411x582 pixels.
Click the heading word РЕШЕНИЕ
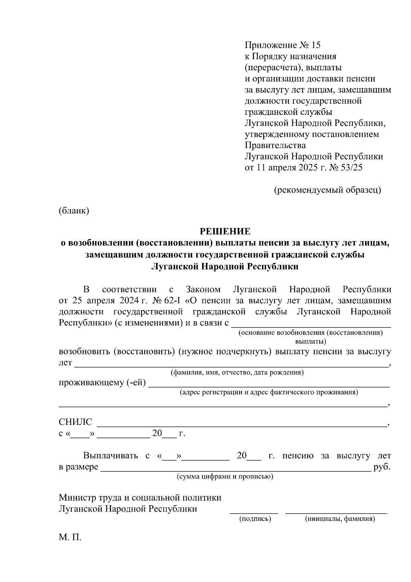click(225, 231)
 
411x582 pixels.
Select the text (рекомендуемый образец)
click(327, 190)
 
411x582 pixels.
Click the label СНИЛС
click(76, 422)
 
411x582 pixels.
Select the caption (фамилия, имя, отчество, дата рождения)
click(237, 372)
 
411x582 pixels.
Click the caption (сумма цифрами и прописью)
click(225, 477)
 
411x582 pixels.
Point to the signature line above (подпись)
click(254, 512)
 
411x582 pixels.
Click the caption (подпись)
click(255, 519)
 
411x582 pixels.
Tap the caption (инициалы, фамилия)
click(340, 519)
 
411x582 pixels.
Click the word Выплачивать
click(110, 456)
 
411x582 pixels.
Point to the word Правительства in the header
click(275, 145)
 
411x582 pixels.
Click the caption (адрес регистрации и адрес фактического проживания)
click(269, 392)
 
